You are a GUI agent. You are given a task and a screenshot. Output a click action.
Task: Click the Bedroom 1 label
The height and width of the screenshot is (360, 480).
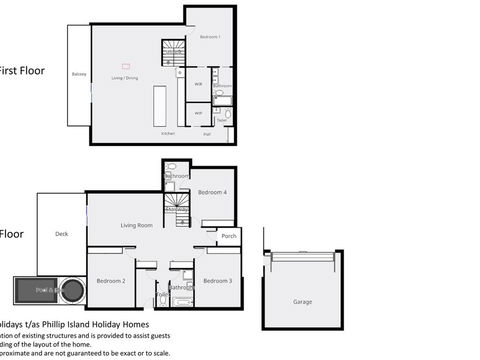(209, 37)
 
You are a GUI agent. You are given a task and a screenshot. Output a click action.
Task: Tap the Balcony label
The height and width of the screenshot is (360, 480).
(79, 75)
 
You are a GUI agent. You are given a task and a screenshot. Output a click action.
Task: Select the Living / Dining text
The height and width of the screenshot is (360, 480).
(124, 77)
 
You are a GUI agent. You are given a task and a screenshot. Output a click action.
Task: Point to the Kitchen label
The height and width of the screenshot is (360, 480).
(168, 133)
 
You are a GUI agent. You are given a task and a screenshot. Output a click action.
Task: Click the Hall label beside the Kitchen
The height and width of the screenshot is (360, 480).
(207, 133)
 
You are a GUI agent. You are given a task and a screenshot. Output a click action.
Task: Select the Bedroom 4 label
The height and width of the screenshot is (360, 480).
(211, 192)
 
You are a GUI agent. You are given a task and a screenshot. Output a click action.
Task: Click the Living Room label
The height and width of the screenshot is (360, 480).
(136, 225)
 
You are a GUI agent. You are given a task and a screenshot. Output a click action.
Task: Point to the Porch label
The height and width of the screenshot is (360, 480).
(229, 236)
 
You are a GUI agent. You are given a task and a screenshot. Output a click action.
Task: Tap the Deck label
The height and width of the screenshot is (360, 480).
(61, 234)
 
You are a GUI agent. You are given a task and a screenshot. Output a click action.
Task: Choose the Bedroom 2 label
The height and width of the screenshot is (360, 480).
(110, 281)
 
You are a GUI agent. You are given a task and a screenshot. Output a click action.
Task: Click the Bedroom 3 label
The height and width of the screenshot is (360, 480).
(217, 281)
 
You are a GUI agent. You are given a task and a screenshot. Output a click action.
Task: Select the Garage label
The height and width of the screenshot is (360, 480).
(302, 301)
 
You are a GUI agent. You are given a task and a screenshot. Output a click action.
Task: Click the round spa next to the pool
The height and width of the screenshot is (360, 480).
(71, 291)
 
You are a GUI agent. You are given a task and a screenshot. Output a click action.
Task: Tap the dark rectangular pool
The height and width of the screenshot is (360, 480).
(34, 290)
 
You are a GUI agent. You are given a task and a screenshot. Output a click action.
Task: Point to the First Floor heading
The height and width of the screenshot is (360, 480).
(22, 71)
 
